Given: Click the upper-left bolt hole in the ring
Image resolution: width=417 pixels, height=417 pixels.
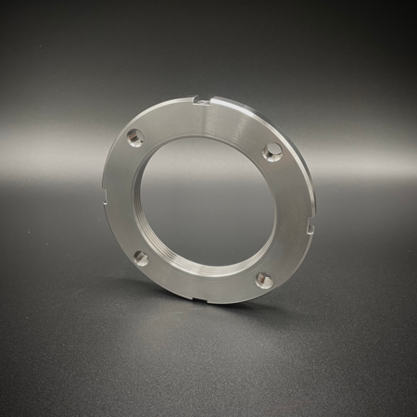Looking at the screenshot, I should tap(135, 138).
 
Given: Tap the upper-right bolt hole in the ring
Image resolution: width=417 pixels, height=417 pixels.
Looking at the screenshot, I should tap(272, 151).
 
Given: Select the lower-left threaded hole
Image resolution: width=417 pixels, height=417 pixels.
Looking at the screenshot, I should tap(141, 258).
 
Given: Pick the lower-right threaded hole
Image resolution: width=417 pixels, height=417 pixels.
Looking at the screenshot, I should tap(264, 280).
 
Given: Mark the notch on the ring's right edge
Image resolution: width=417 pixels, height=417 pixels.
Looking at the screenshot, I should tap(308, 225).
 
